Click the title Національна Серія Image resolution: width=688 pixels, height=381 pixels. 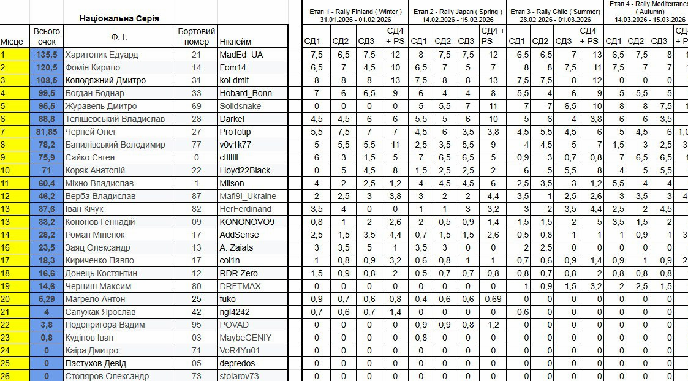coord(119,18)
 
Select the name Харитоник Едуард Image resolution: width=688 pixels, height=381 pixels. coord(101,55)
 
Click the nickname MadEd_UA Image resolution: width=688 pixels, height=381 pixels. coord(241,55)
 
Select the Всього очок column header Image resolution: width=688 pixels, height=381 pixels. coord(47,36)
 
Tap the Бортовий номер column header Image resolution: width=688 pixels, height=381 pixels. coord(196,36)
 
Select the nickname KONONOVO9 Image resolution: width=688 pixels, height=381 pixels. coord(247,222)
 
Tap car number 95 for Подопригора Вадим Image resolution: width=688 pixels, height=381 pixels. coord(196,325)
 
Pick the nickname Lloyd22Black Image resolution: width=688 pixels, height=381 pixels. coord(245,170)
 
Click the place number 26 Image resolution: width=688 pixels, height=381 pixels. coord(6,376)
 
